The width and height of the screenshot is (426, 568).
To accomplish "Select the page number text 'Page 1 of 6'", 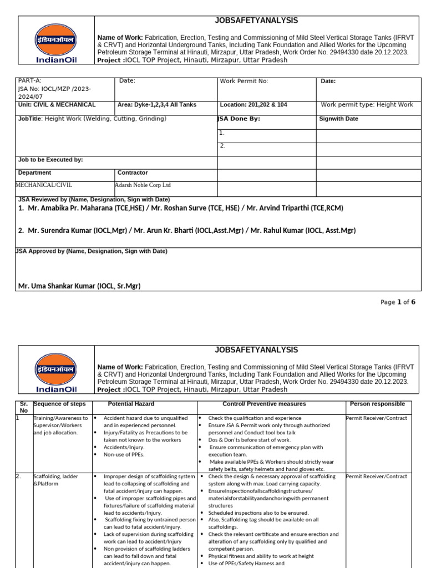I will pos(397,302).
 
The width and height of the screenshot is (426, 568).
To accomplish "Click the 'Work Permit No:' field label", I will pos(244,82).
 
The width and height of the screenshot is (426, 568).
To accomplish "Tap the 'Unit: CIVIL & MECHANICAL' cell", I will pos(57,105).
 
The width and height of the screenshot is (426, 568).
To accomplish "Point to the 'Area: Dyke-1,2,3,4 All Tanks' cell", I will pos(157,105).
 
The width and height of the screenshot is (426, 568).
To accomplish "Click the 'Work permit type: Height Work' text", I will pos(367,105).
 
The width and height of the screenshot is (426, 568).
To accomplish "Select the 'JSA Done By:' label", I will pos(239,119).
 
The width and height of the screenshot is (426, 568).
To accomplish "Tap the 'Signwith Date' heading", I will pos(338,119).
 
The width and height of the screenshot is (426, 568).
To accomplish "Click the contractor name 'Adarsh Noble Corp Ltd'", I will pos(143,185).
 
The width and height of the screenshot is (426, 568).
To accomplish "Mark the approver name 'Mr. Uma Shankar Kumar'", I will pos(79,286).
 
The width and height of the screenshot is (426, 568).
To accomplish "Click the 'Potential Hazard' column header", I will pos(131,404).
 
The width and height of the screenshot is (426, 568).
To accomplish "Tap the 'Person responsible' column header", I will pos(377,404).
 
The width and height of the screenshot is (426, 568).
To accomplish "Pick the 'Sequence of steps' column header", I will pos(59,404).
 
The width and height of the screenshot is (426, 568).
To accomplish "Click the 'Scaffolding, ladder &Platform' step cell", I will pos(56,480).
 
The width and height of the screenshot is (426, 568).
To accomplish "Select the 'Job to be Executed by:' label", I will pos(50,160).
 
